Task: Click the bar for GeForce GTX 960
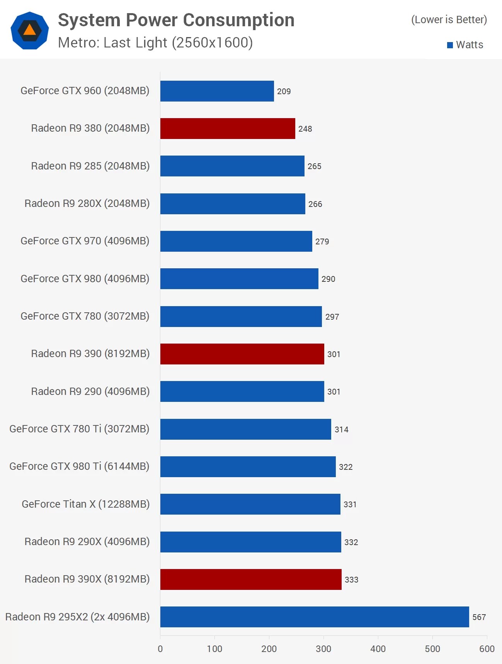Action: (x=217, y=91)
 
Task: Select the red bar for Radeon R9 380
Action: (x=228, y=129)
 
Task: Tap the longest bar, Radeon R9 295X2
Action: (x=314, y=617)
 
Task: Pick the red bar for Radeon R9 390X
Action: (x=251, y=579)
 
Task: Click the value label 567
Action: (x=479, y=617)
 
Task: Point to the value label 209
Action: (x=284, y=91)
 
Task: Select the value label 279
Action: (x=322, y=242)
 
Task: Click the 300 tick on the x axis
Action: (x=323, y=649)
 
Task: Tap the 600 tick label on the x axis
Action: (x=487, y=649)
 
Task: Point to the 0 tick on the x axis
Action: (x=160, y=649)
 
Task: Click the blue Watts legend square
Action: (x=450, y=45)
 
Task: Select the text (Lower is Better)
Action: (x=449, y=20)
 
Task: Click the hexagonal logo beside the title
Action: (x=30, y=30)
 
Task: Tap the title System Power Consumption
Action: (x=176, y=20)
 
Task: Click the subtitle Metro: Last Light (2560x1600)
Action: (x=155, y=42)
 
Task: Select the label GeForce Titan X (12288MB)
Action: (x=85, y=504)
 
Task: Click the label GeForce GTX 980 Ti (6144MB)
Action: (x=79, y=466)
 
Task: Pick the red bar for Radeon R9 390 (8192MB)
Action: (x=242, y=354)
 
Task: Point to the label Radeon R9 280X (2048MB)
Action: (x=87, y=203)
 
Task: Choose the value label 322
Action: (x=345, y=467)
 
